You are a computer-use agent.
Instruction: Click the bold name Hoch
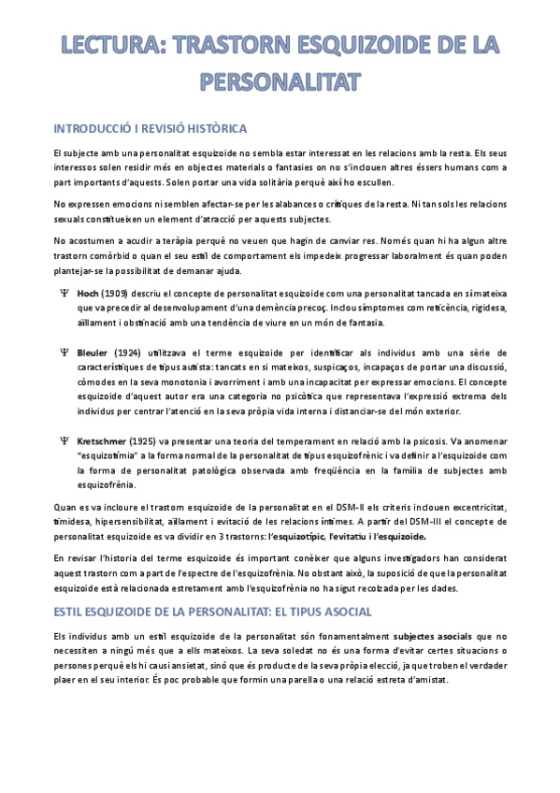88,292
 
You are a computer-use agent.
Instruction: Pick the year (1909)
117,292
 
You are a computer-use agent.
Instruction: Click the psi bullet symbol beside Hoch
64,292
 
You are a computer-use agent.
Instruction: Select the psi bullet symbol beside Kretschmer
64,440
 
